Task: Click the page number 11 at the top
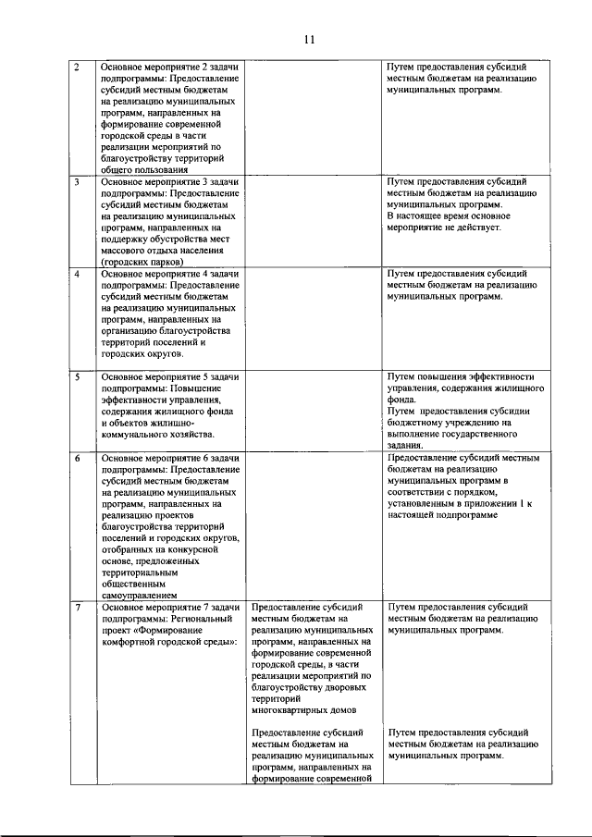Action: tap(309, 40)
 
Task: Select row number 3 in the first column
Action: tap(77, 182)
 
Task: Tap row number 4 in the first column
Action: tap(77, 274)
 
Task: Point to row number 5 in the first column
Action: tap(77, 376)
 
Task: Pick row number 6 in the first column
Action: tap(77, 457)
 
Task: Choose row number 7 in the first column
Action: tap(77, 607)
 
